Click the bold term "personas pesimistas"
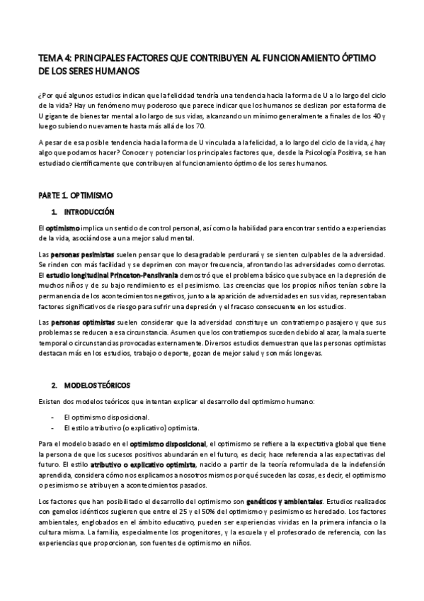(81, 254)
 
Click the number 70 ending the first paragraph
(200, 125)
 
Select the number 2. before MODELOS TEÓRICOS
(54, 385)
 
